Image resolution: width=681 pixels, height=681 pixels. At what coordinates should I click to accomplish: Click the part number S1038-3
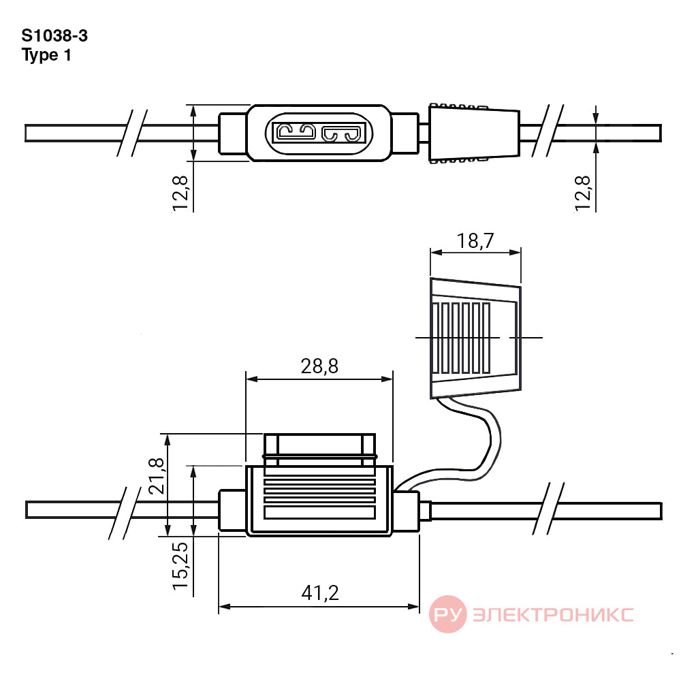tap(54, 35)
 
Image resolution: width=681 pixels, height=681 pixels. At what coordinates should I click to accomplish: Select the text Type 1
tap(46, 55)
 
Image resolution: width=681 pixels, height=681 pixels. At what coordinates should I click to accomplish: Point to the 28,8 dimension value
tap(319, 366)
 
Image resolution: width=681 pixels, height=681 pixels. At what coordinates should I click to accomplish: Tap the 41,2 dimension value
tap(320, 593)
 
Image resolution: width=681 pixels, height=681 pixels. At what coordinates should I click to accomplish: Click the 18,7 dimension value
tap(475, 240)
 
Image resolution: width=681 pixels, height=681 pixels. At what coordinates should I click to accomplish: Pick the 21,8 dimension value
tap(157, 476)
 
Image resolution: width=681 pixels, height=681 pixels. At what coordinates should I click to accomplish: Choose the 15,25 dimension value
tap(181, 565)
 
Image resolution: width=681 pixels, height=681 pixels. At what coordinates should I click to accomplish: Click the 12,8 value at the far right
tap(583, 193)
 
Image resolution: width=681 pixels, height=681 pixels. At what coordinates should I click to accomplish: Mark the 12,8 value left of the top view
tap(180, 193)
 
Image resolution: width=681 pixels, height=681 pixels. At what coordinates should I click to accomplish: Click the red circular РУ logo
tap(448, 614)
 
